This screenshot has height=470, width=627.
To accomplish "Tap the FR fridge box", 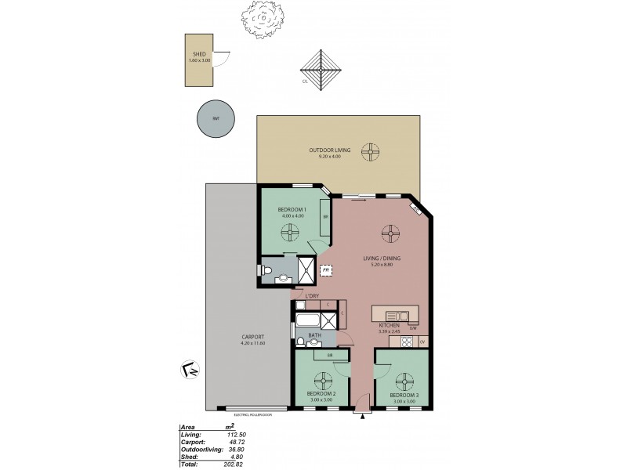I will (325, 270).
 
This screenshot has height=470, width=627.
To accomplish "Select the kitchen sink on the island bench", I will (390, 313).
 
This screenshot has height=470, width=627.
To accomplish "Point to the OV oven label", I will (422, 342).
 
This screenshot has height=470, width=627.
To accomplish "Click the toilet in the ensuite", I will (267, 272).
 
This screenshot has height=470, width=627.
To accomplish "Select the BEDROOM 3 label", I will (403, 396).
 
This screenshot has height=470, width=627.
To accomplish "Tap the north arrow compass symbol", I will (189, 368).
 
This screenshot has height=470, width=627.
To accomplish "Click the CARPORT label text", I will (233, 338).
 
